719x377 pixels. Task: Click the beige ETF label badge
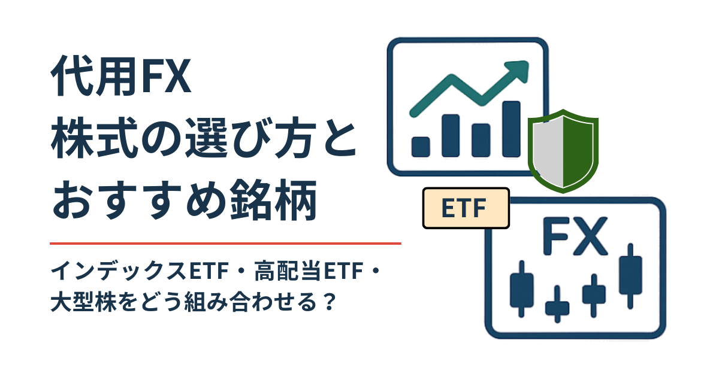point(466,208)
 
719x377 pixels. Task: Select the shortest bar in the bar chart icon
point(421,146)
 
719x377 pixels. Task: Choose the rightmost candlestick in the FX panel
point(630,276)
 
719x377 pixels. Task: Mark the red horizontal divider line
point(225,244)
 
